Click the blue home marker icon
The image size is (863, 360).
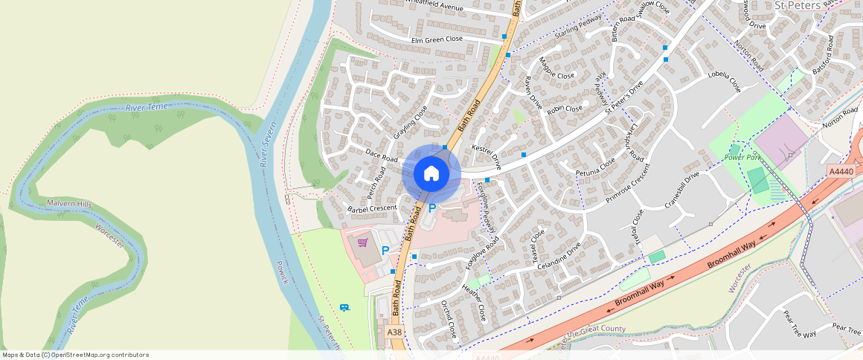[431, 173]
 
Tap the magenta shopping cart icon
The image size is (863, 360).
[363, 242]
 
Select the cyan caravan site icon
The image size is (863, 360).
[344, 307]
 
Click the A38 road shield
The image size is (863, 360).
[394, 332]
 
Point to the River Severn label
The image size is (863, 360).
[267, 144]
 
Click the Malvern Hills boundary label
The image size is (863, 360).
[68, 203]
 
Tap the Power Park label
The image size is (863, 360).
[745, 158]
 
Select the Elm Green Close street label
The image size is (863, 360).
[437, 39]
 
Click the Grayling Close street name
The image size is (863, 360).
[411, 122]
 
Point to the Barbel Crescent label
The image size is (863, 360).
[372, 208]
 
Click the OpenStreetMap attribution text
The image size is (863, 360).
[75, 355]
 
